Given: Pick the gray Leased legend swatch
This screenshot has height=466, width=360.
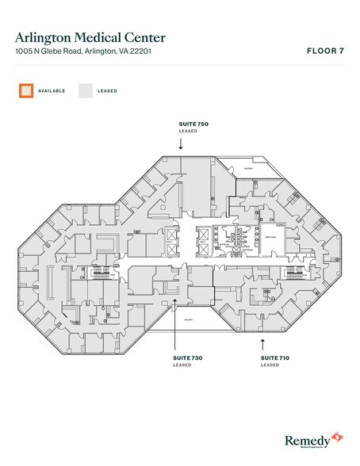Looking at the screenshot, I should click(84, 90).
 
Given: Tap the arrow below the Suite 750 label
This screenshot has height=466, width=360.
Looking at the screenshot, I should click(181, 144).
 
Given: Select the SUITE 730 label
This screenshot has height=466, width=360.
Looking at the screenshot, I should click(189, 358).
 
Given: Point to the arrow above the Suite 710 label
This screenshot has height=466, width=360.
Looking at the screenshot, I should click(262, 344).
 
